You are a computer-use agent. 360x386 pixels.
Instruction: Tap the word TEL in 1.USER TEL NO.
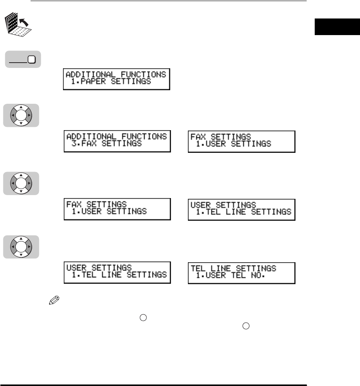pos(235,276)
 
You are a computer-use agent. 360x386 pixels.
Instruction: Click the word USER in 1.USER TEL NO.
pos(216,276)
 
